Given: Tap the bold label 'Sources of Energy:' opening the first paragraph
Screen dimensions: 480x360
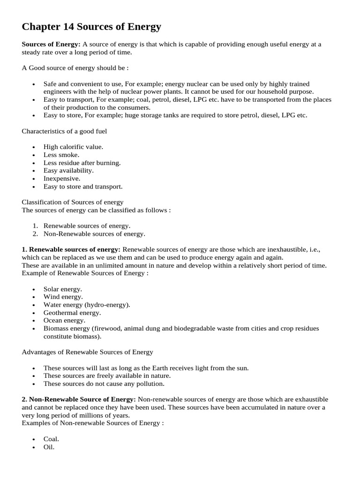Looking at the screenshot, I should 51,44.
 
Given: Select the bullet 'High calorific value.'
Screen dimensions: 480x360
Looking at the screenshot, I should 73,147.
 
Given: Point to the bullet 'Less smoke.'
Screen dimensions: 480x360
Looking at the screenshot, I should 61,155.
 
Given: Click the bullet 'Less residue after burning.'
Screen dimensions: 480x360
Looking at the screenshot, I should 82,163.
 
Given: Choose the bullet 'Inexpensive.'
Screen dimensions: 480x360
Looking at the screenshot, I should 62,179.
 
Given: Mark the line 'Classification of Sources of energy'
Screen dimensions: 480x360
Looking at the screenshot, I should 73,202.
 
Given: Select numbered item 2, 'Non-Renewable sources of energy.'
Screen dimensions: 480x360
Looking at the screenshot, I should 94,233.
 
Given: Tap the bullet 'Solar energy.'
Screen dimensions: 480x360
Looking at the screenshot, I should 63,289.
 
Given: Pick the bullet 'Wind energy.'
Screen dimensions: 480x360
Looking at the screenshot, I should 63,297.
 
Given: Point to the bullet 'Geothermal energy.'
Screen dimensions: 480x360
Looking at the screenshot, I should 72,313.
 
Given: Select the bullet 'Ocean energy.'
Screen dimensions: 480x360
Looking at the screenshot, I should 64,321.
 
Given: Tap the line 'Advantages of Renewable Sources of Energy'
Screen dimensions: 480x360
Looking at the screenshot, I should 87,352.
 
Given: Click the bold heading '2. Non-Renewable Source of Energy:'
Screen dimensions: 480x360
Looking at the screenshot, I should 79,399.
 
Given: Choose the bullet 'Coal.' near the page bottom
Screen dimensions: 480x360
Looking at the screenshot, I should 51,439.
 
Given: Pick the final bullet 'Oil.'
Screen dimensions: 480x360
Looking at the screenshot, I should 49,447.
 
